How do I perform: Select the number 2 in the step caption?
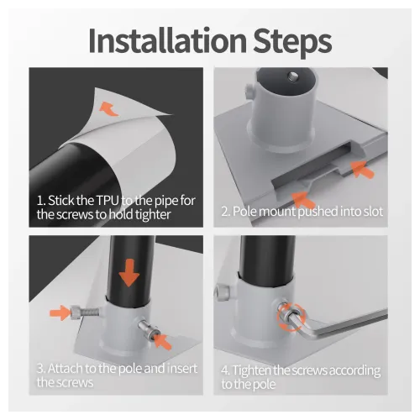click(225, 212)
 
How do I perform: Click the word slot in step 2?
click(369, 212)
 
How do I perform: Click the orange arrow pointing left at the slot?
click(362, 169)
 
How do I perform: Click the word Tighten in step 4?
click(257, 370)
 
